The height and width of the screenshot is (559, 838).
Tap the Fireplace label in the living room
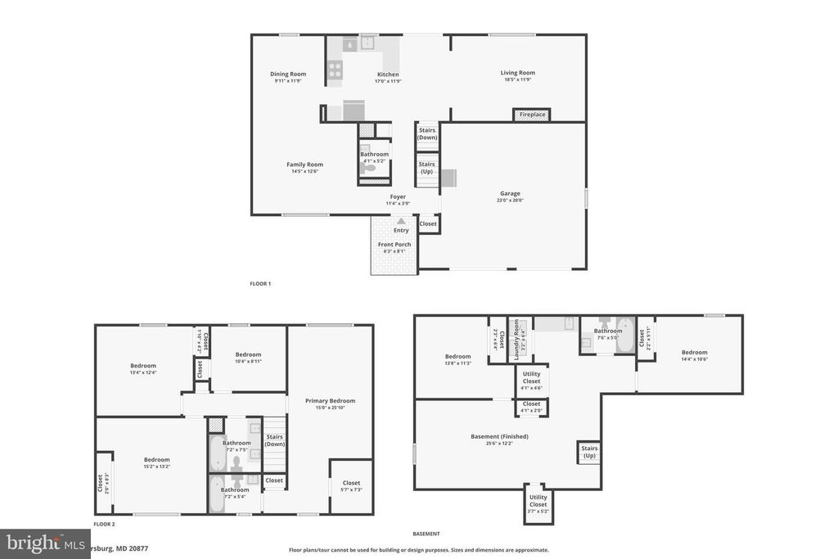(x=532, y=115)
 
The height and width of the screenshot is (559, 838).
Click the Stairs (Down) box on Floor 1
(x=427, y=134)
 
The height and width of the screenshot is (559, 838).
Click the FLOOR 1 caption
(x=260, y=284)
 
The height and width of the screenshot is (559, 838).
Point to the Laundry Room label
(x=516, y=340)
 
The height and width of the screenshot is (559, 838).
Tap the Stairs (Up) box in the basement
(x=589, y=452)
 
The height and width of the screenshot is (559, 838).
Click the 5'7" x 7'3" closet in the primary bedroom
(x=351, y=486)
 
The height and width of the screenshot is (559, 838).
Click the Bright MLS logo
(x=45, y=543)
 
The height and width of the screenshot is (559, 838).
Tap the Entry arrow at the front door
(x=401, y=221)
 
